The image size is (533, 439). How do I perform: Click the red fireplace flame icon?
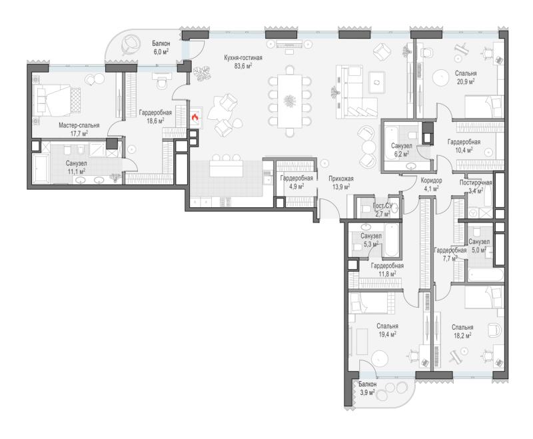(195, 119)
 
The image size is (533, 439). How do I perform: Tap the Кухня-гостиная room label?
(243, 58)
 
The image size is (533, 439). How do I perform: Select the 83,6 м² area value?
(243, 66)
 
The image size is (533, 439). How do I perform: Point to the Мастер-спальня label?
(79, 125)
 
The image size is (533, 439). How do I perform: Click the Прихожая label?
(341, 179)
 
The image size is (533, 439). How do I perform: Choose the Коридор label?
(431, 181)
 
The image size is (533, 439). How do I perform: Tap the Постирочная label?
(476, 183)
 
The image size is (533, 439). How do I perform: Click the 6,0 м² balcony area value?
(161, 51)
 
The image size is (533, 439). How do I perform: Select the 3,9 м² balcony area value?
(367, 392)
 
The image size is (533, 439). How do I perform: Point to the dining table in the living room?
(290, 101)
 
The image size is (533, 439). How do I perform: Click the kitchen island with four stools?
(227, 168)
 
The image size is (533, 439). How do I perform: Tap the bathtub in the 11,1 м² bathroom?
(41, 169)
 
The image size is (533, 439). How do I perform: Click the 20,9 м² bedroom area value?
(466, 81)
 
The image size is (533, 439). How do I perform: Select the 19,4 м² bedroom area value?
(387, 334)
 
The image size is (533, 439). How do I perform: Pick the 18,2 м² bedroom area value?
(462, 336)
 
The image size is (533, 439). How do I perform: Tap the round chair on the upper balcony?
(131, 45)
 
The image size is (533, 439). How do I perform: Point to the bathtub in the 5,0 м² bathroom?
(486, 275)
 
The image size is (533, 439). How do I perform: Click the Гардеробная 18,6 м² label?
(155, 116)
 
